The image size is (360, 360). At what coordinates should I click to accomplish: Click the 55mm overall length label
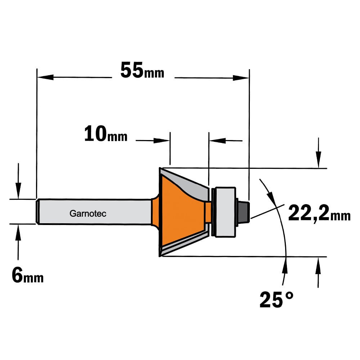(x=142, y=70)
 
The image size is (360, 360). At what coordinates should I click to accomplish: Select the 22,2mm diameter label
(x=319, y=213)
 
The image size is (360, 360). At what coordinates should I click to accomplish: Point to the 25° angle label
(x=276, y=300)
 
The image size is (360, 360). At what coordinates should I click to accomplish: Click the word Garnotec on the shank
(x=88, y=213)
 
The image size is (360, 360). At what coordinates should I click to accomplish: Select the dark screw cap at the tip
(x=244, y=211)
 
